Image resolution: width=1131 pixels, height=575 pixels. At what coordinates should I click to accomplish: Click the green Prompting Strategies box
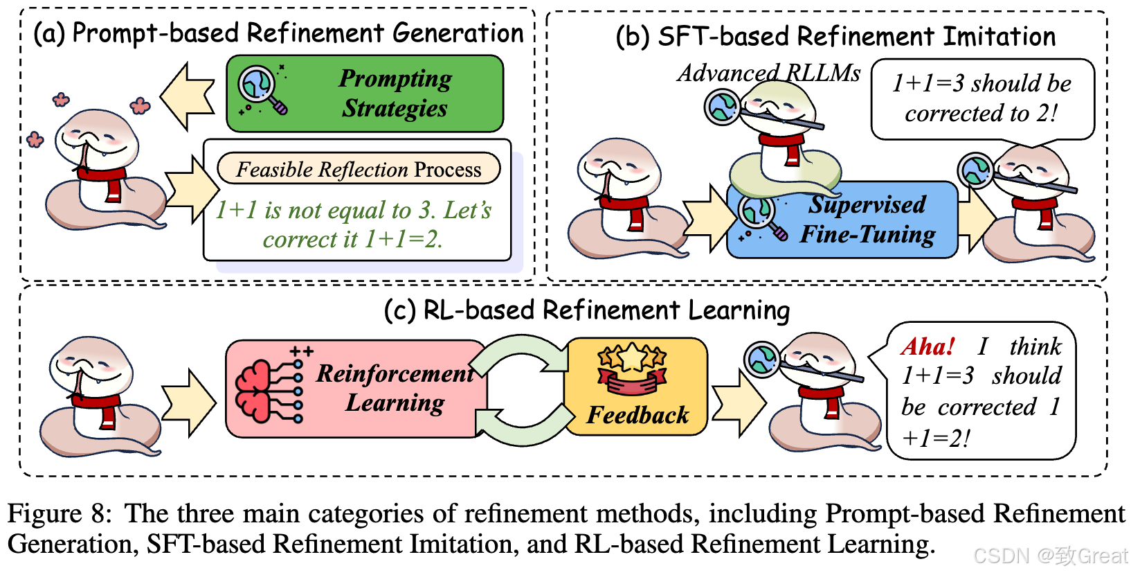click(x=365, y=94)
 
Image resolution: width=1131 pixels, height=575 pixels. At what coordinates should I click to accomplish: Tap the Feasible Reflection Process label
click(x=359, y=169)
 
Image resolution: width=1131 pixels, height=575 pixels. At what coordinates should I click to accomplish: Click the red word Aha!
click(x=928, y=346)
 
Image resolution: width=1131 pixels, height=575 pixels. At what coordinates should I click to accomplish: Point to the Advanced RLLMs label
click(x=768, y=73)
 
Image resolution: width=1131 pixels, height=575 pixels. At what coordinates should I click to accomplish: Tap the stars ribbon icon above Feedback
click(x=632, y=367)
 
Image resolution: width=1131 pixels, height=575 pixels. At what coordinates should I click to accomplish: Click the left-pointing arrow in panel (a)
click(x=187, y=96)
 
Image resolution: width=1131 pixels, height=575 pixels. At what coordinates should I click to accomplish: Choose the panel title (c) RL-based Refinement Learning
click(x=587, y=310)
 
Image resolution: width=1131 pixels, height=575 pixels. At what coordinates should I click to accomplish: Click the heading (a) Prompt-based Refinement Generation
click(x=279, y=33)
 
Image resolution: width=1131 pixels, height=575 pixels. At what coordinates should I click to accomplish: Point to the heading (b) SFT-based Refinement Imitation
click(x=835, y=36)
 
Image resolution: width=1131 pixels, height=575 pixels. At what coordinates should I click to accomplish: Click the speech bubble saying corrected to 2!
click(x=981, y=98)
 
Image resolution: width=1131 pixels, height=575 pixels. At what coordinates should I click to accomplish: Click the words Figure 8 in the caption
click(x=59, y=514)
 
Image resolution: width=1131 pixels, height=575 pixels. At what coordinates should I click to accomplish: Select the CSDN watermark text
click(x=1050, y=555)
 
